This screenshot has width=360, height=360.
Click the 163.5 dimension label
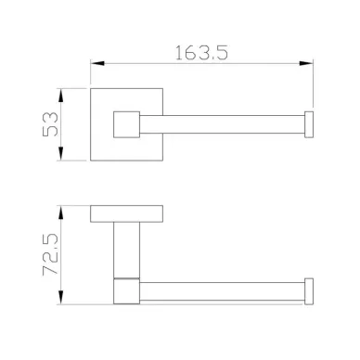pos(201,53)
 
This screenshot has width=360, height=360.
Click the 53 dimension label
pos(50,124)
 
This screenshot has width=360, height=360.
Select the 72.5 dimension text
pos(50,254)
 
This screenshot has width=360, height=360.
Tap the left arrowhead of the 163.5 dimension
pos(97,63)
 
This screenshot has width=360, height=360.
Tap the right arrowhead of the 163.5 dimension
pos(306,63)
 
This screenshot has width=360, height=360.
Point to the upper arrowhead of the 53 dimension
pos(61,96)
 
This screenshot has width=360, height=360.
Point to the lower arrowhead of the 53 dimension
pos(61,154)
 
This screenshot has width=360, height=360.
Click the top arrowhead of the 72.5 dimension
pos(61,212)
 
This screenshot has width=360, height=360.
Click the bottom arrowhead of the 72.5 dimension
pos(61,298)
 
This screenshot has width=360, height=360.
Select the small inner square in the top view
pos(127,124)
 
